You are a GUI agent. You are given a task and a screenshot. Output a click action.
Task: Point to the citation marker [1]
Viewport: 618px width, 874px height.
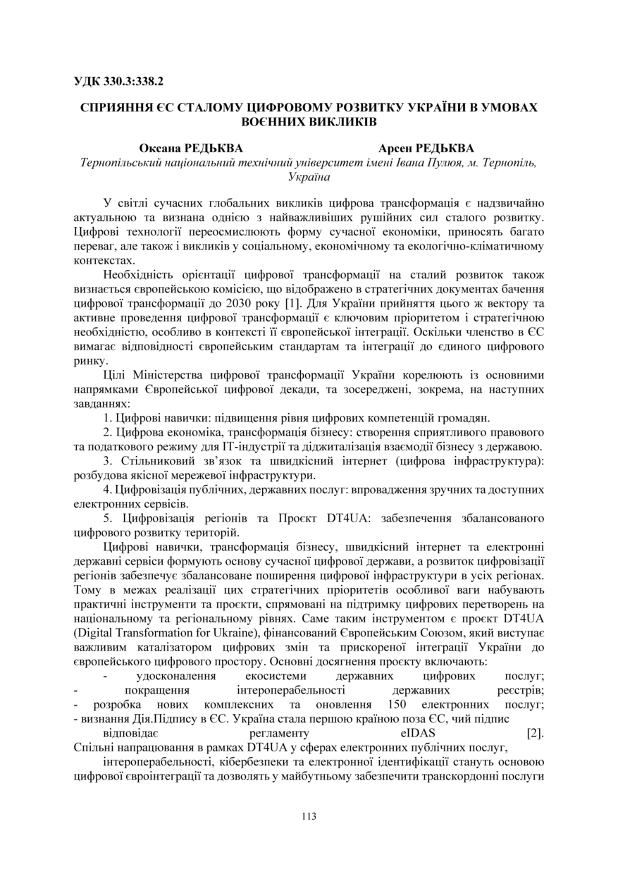pyautogui.click(x=272, y=302)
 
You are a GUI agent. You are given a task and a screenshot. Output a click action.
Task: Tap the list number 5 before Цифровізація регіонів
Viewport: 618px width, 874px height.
pyautogui.click(x=106, y=518)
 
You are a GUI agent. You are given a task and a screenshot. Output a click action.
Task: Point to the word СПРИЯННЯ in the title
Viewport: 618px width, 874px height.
pyautogui.click(x=117, y=108)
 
